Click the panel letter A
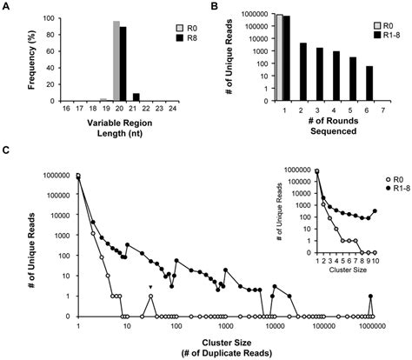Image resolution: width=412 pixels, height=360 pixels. [x=7, y=8]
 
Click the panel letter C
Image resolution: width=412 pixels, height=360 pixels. [x=7, y=150]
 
